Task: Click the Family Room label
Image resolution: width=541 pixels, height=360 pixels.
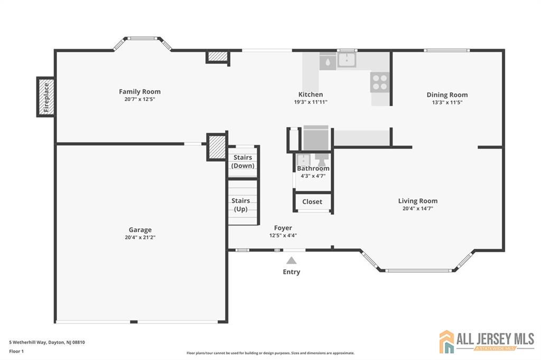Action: (139, 92)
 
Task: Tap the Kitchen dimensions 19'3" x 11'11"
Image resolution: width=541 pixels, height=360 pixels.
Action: (311, 102)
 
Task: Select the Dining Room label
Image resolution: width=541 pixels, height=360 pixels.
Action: (447, 95)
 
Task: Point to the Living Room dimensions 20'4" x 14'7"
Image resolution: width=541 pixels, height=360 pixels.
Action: (418, 209)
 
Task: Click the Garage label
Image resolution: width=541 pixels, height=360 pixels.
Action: (140, 230)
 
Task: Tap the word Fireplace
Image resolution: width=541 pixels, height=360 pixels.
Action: (46, 97)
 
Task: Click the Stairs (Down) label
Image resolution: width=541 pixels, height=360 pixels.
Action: (243, 162)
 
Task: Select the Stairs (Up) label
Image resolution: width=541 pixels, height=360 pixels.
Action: (241, 205)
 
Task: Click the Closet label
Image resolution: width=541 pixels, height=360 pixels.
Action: (312, 202)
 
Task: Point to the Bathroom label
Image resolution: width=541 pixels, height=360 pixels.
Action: (313, 168)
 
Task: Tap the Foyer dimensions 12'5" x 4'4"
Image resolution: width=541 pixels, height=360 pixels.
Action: (283, 235)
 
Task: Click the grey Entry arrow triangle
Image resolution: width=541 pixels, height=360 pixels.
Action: (292, 260)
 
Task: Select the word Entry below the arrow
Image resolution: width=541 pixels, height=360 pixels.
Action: (292, 272)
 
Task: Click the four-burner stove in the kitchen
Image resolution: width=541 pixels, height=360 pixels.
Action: (380, 82)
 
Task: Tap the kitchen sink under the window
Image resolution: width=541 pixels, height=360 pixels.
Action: (347, 60)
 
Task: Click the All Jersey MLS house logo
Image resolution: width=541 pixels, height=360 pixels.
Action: (447, 342)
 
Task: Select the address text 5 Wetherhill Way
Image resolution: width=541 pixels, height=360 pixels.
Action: (27, 343)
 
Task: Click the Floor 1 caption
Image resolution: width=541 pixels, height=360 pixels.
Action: (16, 352)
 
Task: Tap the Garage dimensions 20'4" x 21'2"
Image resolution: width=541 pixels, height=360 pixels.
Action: (140, 237)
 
